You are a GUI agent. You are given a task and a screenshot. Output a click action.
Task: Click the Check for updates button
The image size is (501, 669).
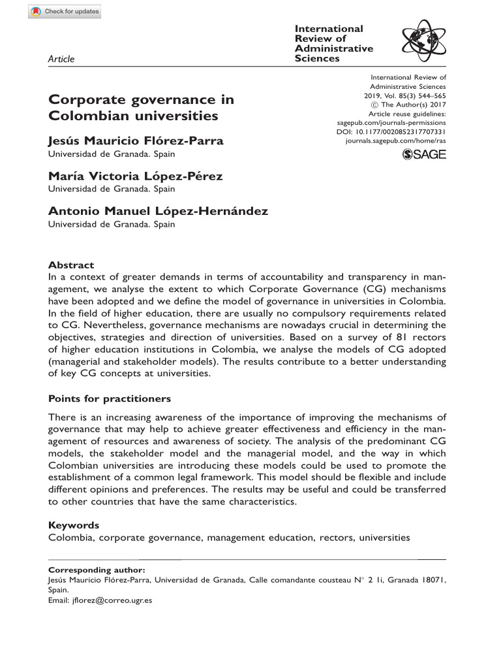tap(65, 12)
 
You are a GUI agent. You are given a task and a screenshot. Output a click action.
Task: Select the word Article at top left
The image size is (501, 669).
tap(61, 59)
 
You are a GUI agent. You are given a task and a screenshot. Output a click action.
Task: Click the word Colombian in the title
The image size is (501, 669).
tap(80, 116)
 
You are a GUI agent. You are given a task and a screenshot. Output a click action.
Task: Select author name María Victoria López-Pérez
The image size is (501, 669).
tap(136, 176)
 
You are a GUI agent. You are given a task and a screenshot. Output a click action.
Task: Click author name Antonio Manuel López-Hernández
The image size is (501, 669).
tap(158, 211)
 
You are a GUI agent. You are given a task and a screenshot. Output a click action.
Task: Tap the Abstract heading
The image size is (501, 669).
tap(71, 265)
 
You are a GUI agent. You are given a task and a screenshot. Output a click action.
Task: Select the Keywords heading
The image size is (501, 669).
tap(74, 525)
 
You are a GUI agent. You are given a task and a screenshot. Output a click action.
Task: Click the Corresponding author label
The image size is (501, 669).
tap(92, 570)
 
